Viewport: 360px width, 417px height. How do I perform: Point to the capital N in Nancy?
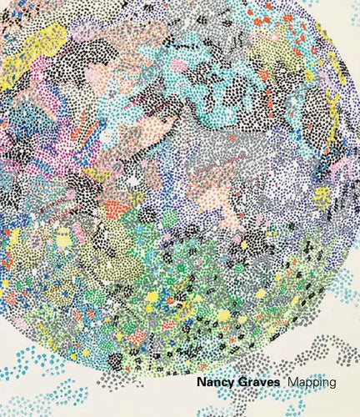pyautogui.click(x=201, y=383)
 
